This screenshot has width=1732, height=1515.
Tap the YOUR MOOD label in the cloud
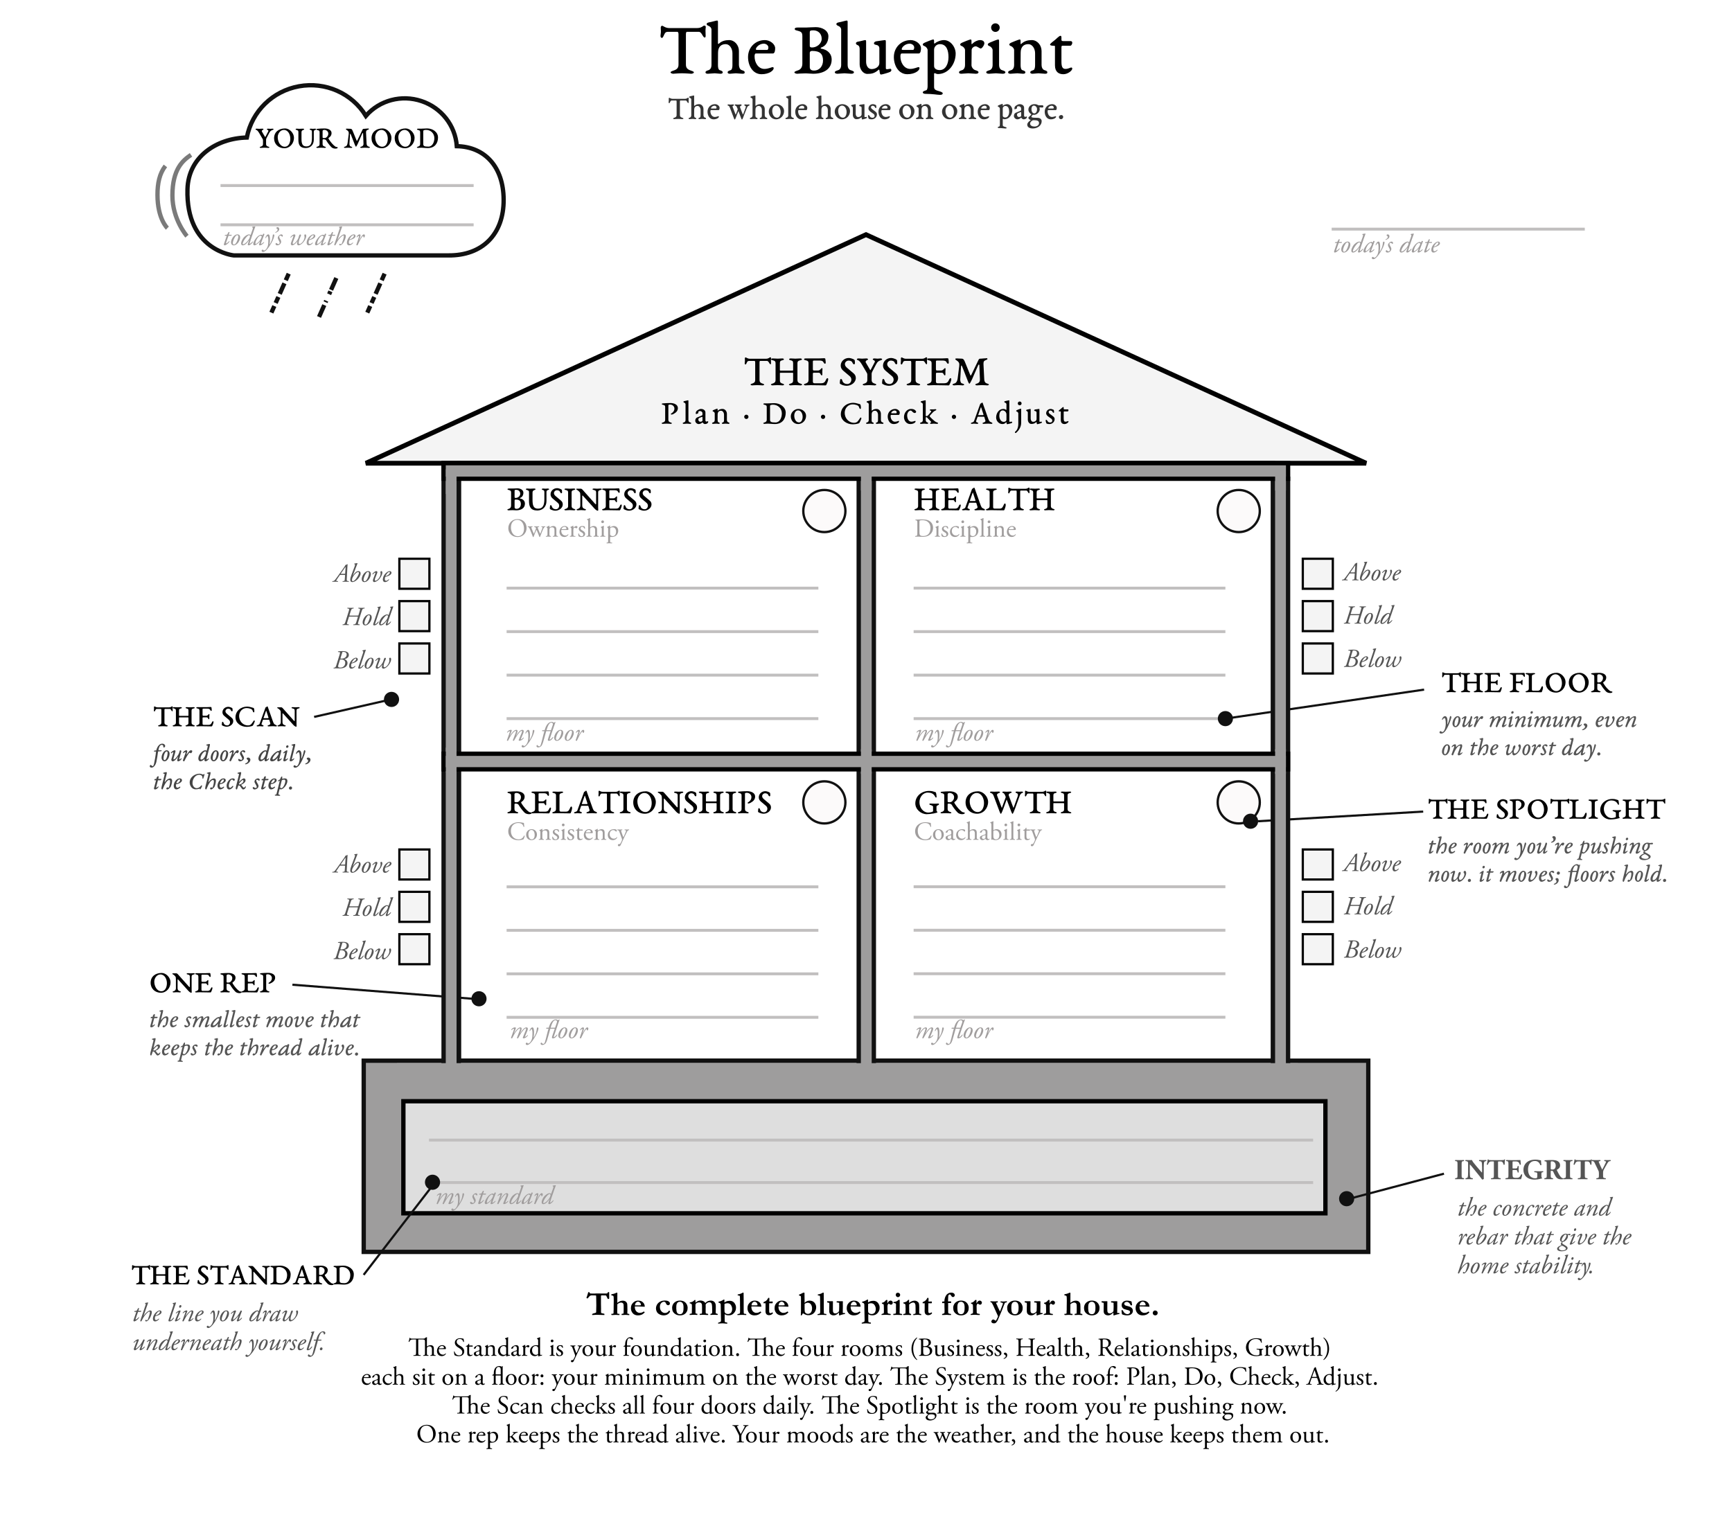pyautogui.click(x=346, y=139)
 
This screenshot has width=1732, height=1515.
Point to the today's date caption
pyautogui.click(x=1386, y=245)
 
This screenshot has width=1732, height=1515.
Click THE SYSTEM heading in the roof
pyautogui.click(x=865, y=372)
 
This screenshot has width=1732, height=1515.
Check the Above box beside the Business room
pyautogui.click(x=414, y=573)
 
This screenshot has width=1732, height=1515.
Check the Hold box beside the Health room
pyautogui.click(x=1318, y=615)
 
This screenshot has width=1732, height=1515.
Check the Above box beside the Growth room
pyautogui.click(x=1318, y=864)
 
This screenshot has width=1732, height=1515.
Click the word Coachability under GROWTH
pyautogui.click(x=977, y=833)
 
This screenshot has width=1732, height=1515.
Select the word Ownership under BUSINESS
pyautogui.click(x=563, y=529)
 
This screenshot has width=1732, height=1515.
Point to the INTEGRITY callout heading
pyautogui.click(x=1532, y=1170)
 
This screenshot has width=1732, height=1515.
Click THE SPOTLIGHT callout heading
pyautogui.click(x=1546, y=809)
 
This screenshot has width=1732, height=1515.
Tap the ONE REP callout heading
pyautogui.click(x=212, y=983)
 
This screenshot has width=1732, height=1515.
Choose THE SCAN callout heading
pyautogui.click(x=227, y=717)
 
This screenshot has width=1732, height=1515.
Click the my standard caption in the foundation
pyautogui.click(x=495, y=1196)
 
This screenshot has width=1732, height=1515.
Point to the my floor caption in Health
pyautogui.click(x=955, y=734)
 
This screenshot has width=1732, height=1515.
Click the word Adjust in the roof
pyautogui.click(x=1020, y=414)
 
